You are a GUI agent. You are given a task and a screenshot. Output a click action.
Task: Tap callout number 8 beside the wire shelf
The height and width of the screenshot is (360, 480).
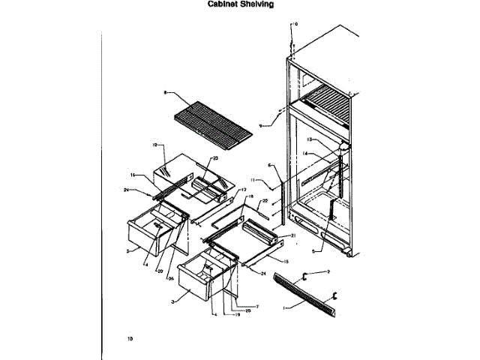[163, 92]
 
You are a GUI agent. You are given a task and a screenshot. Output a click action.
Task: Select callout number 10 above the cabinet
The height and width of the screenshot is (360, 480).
[295, 24]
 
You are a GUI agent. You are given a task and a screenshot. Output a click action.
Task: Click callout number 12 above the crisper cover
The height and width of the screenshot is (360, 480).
[154, 144]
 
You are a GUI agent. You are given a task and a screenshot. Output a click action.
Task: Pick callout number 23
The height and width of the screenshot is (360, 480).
[215, 158]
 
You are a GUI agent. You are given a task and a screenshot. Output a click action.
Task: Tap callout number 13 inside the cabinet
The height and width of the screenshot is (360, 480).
[309, 140]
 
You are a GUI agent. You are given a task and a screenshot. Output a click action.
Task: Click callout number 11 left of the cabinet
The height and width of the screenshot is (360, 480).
[254, 181]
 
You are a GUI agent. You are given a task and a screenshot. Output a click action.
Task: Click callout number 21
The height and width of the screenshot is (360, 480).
[292, 235]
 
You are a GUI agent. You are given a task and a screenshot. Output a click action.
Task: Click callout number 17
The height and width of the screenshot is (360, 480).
[233, 190]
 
